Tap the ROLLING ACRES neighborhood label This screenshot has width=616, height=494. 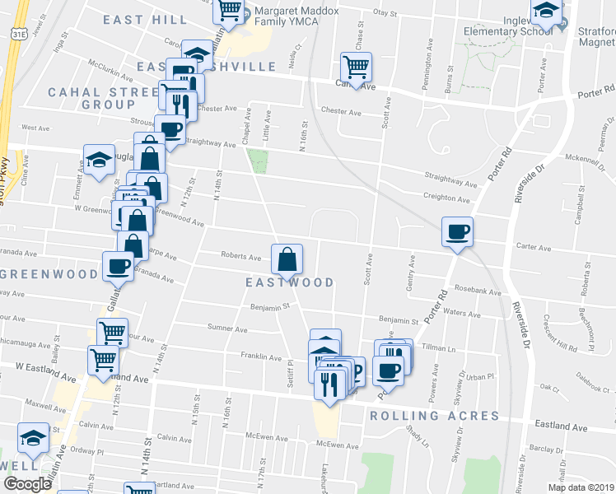(434, 415)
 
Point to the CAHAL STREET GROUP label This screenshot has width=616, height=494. (91, 98)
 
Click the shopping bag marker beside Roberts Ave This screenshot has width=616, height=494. (287, 259)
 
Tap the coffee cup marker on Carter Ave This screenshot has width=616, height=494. (457, 231)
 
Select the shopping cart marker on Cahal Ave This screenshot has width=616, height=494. (356, 67)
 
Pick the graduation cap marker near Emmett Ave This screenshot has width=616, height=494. (99, 161)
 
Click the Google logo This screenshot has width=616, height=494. (28, 484)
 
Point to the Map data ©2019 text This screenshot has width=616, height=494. (580, 487)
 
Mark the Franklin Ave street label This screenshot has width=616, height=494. (260, 357)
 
